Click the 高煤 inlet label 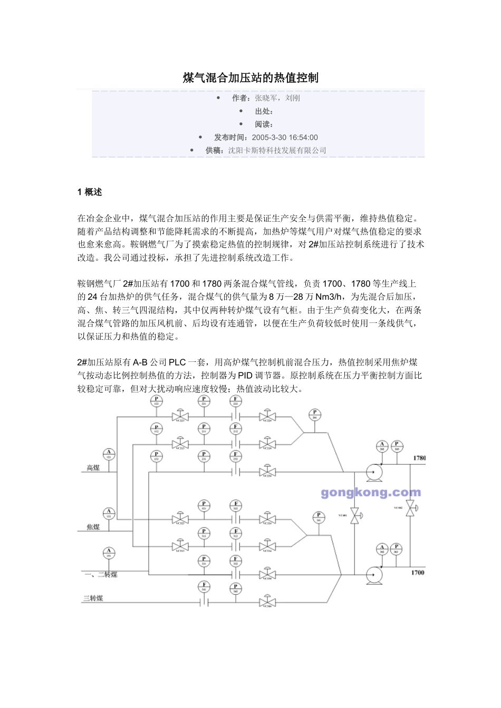[x=93, y=468]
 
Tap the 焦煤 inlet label [x=93, y=527]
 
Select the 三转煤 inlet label [x=93, y=598]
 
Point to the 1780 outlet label [x=419, y=458]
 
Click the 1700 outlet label [x=418, y=572]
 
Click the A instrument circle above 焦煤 [x=109, y=513]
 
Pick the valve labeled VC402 [x=410, y=508]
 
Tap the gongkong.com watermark [x=371, y=493]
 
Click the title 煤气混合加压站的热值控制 [x=250, y=78]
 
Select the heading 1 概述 [x=90, y=192]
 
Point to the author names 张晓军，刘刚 [x=277, y=98]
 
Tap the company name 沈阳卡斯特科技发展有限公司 [x=277, y=150]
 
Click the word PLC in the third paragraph [x=177, y=362]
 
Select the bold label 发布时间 [x=230, y=137]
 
